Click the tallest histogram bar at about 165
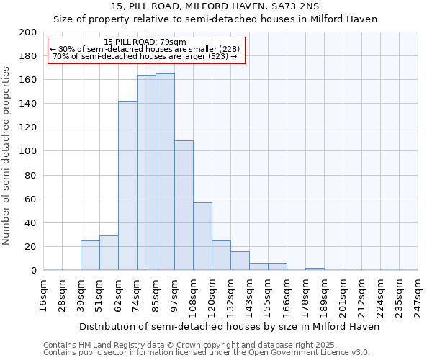pyautogui.click(x=165, y=172)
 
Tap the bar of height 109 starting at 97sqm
pyautogui.click(x=184, y=205)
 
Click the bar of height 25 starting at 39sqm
pyautogui.click(x=90, y=256)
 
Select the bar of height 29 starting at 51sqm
pyautogui.click(x=109, y=253)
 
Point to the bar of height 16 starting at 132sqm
pyautogui.click(x=240, y=261)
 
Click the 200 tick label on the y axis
pyautogui.click(x=27, y=32)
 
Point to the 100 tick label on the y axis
pyautogui.click(x=27, y=151)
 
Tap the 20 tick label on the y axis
pyautogui.click(x=30, y=246)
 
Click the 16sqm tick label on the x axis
pyautogui.click(x=44, y=294)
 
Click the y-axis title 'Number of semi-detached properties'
pyautogui.click(x=7, y=156)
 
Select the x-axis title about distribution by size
pyautogui.click(x=229, y=326)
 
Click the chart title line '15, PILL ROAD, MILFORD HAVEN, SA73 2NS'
pyautogui.click(x=215, y=6)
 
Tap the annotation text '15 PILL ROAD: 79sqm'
pyautogui.click(x=145, y=42)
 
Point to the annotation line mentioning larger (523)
pyautogui.click(x=145, y=56)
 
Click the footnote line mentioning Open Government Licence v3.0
pyautogui.click(x=206, y=352)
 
